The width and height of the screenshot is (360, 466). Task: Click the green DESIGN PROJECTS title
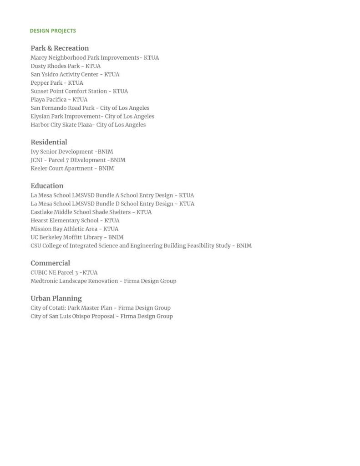53,31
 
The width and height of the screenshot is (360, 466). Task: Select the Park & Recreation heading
60,48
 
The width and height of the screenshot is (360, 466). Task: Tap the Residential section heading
49,142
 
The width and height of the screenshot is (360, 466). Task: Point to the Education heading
47,186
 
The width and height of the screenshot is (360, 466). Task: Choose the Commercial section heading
50,263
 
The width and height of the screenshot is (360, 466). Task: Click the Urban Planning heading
56,298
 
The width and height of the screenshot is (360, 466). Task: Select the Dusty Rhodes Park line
66,66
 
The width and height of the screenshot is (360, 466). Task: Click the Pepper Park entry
57,83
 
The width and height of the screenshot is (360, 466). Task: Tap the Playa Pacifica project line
59,100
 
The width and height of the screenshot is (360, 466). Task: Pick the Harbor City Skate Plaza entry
88,125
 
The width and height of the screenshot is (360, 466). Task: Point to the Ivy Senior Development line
71,152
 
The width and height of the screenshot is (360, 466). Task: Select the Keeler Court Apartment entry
72,169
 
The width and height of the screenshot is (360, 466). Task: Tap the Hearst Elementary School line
75,220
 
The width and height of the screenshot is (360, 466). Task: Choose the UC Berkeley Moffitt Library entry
77,237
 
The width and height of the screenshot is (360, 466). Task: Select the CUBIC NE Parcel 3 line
64,273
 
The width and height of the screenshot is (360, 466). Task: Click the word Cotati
56,308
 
